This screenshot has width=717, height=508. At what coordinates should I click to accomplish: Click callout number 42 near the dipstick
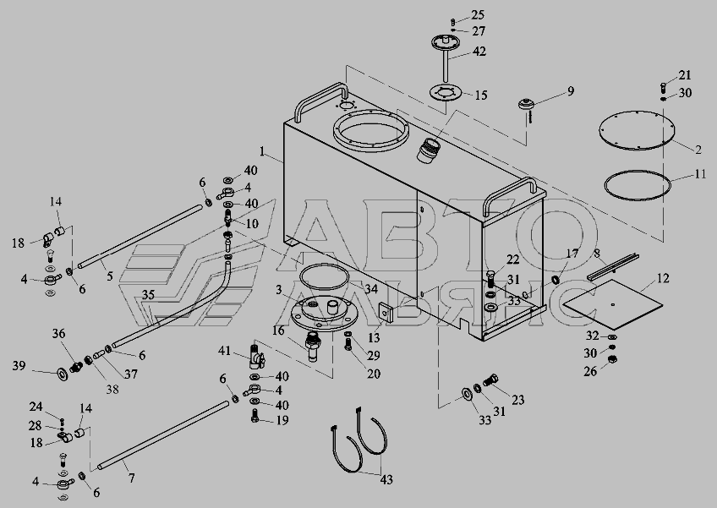point(479,52)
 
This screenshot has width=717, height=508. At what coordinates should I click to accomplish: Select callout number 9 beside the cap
point(571,90)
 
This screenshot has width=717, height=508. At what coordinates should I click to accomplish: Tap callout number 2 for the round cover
point(699,150)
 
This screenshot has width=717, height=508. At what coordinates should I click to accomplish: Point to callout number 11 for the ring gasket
point(701,176)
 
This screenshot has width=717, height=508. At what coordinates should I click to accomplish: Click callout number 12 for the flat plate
point(663,278)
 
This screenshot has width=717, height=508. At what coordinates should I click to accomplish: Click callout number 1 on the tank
point(263,154)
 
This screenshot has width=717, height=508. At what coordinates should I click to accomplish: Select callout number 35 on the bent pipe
point(148,295)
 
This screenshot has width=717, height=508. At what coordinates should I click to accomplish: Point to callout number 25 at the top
point(478,15)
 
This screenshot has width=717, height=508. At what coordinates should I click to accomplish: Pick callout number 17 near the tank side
point(572,253)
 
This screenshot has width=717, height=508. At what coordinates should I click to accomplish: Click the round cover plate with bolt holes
point(637,130)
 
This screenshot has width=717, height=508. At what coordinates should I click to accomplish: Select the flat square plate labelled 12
point(611,303)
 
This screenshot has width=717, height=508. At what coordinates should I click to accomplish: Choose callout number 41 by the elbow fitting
point(225,351)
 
